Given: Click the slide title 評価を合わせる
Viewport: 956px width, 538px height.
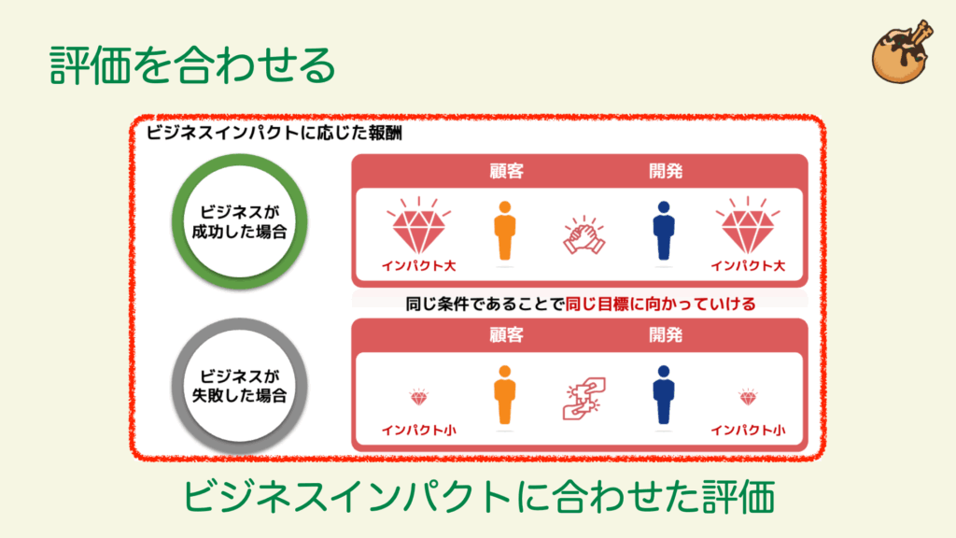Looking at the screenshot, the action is [192, 64].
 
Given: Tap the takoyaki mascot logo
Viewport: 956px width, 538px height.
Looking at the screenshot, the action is [902, 52].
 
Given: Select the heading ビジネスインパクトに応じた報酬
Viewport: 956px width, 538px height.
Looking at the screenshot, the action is [274, 133].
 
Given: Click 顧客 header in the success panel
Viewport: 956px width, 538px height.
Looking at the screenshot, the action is [506, 172].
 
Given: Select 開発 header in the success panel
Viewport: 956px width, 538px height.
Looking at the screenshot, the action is [665, 172].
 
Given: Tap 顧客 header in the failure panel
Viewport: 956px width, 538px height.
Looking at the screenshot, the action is [506, 335].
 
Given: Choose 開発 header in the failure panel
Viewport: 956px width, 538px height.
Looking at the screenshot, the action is [665, 335].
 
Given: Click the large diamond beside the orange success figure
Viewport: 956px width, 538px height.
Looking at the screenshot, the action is [419, 227].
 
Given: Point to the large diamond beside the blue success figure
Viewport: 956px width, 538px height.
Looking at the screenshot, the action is [748, 227].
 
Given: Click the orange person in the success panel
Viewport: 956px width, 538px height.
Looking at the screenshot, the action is [505, 232].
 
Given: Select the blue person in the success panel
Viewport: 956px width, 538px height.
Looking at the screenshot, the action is [664, 232].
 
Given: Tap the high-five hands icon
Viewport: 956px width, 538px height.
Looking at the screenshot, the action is [584, 234].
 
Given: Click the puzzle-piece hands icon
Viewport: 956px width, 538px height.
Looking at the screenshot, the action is [584, 398].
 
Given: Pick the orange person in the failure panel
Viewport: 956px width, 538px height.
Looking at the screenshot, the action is [505, 395].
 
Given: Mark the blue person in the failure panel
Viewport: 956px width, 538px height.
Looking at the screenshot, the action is [664, 395].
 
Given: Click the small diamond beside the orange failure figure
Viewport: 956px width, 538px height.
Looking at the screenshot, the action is [419, 398].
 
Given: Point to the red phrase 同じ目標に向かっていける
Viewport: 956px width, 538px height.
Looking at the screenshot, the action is [661, 304].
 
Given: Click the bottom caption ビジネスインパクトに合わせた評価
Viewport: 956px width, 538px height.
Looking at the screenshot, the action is [479, 497].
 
